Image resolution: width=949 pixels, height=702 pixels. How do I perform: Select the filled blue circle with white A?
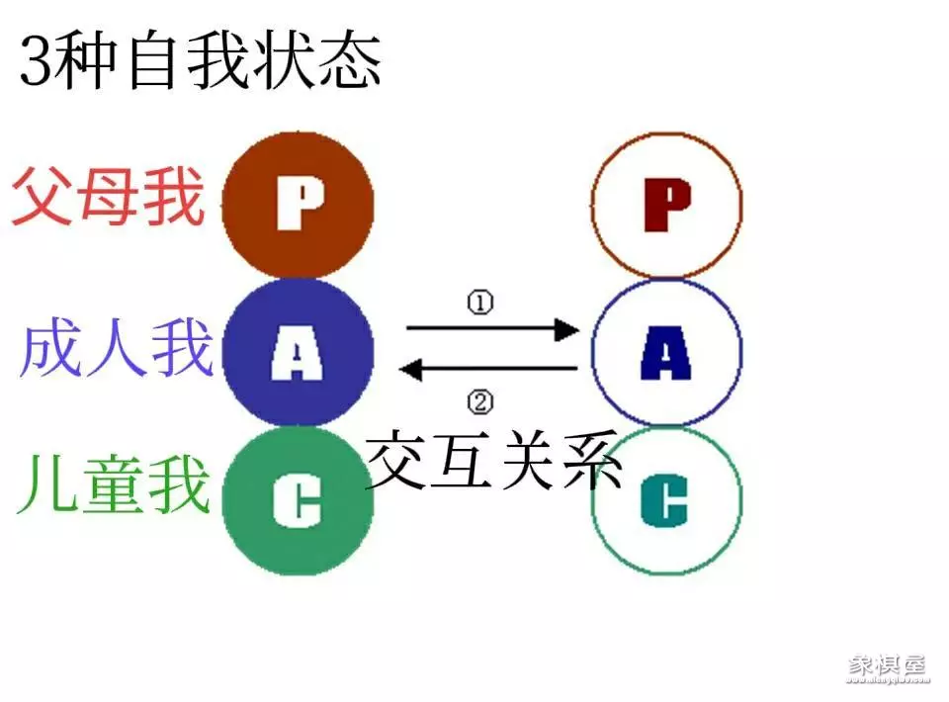point(299,352)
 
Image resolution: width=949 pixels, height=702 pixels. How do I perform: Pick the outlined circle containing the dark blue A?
point(666,352)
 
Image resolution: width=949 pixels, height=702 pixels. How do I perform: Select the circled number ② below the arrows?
point(479,401)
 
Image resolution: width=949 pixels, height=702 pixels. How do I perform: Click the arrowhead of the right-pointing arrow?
point(567,328)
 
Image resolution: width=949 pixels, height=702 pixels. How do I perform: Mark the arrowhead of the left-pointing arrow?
point(410,370)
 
